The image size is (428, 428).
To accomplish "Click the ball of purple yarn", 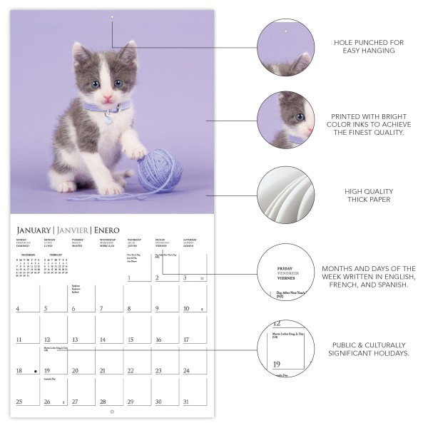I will [x=158, y=171].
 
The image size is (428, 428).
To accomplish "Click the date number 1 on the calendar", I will [x=129, y=278].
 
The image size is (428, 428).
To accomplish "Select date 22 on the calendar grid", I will [x=130, y=371].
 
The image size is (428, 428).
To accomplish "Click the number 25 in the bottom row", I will [x=19, y=402].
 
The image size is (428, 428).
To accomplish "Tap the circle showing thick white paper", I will [x=285, y=195].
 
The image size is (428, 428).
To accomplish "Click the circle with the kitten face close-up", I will [x=285, y=119].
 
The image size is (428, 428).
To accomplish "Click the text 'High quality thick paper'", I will [x=369, y=195].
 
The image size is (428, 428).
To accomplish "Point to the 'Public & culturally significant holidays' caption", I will [x=369, y=349].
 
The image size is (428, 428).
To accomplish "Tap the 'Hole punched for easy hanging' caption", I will [x=369, y=47].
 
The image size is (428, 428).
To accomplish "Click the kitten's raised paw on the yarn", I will [x=136, y=152].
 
